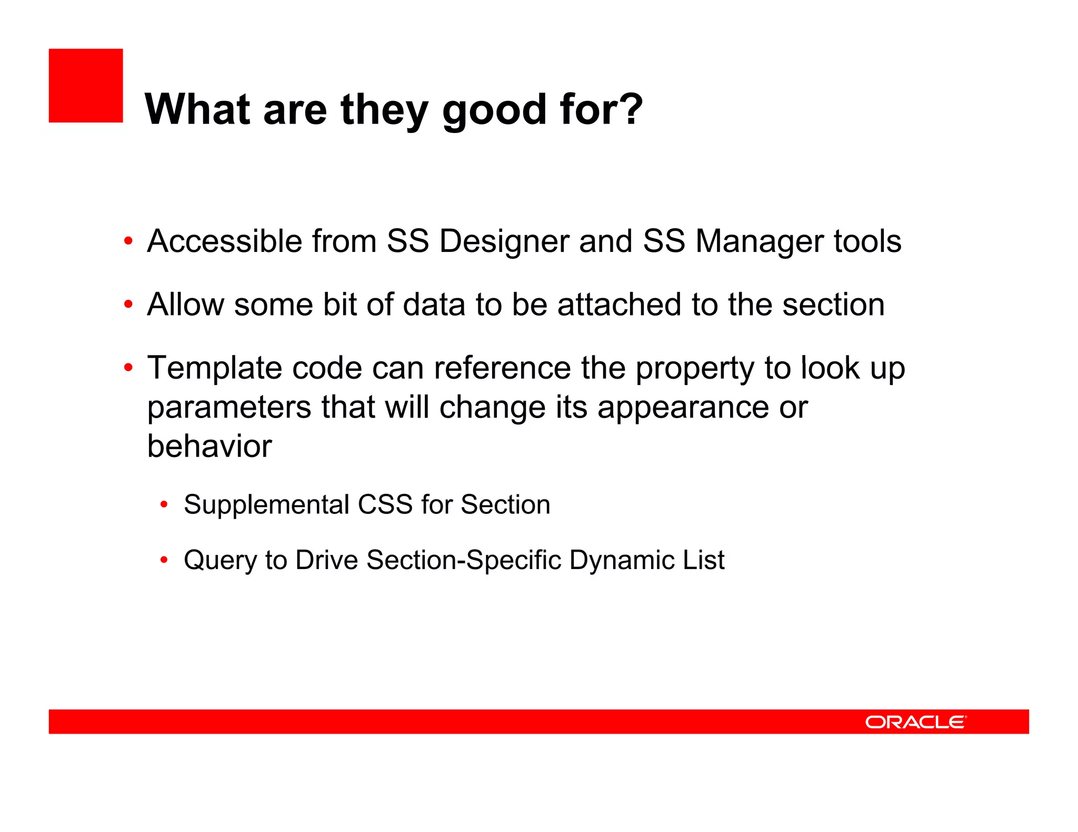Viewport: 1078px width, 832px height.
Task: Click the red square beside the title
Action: (86, 86)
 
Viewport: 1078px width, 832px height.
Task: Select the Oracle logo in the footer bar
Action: (915, 722)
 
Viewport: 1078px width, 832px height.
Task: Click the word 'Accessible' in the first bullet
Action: (225, 241)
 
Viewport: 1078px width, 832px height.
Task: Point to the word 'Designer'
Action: (504, 241)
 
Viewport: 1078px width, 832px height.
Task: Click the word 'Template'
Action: (214, 368)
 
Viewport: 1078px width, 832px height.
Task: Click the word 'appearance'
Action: (683, 408)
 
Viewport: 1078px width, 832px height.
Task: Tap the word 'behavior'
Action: (209, 447)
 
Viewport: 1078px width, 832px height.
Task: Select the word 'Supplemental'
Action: (266, 504)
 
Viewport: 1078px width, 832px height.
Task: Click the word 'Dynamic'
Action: (621, 560)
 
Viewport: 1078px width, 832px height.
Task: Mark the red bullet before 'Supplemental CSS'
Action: (164, 505)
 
